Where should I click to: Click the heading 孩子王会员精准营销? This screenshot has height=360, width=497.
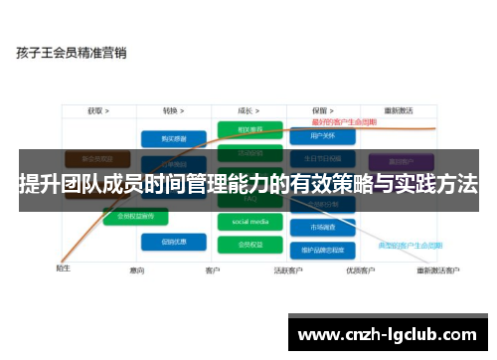click(71, 52)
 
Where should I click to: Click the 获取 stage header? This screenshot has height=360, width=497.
click(97, 111)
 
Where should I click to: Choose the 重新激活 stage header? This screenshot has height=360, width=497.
click(398, 111)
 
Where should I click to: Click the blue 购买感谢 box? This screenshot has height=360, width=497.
click(165, 138)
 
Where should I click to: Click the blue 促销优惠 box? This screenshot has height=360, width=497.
click(165, 242)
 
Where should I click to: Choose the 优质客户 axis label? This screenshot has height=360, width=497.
click(359, 270)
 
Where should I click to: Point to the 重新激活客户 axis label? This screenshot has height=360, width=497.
click(436, 270)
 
